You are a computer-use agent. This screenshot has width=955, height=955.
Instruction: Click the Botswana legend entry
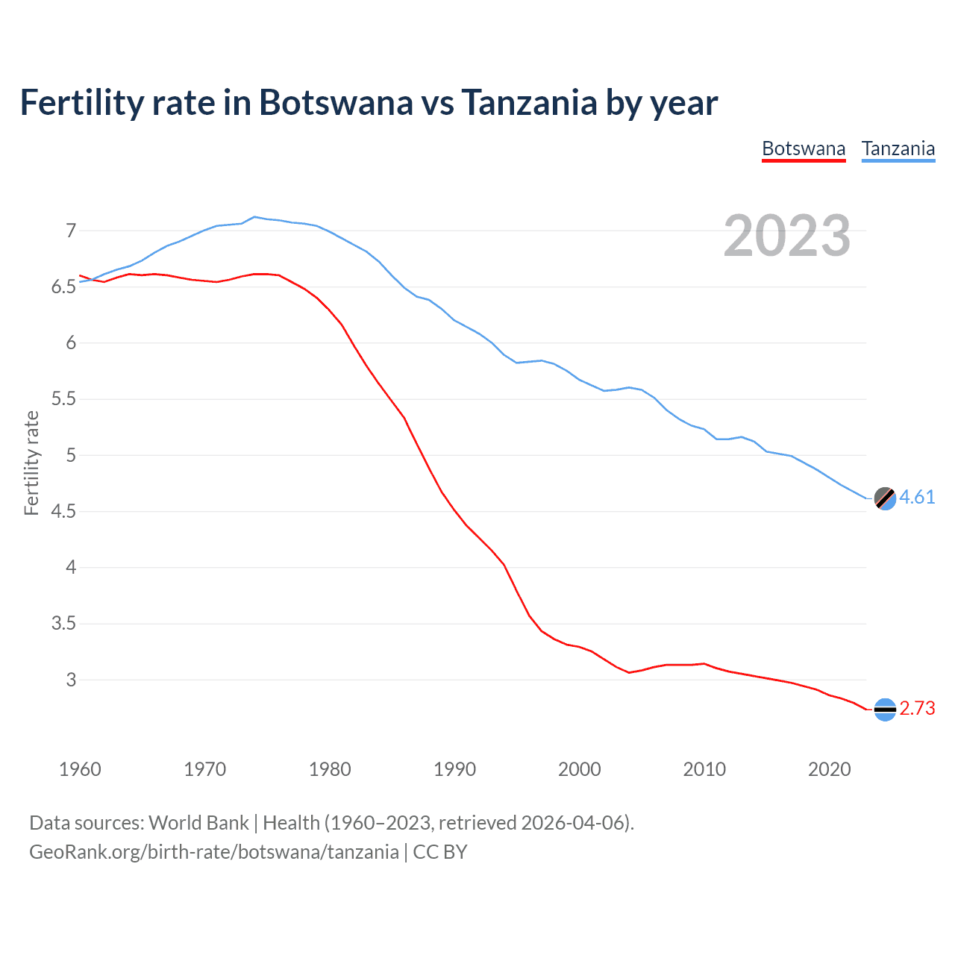[x=804, y=148]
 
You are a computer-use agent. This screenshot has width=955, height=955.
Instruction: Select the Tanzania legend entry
[x=898, y=148]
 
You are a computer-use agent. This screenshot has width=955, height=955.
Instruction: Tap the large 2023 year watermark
[x=787, y=236]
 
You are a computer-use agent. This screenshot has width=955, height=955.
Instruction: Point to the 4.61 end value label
[x=917, y=498]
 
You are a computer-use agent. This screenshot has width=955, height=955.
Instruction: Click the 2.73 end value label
[x=917, y=709]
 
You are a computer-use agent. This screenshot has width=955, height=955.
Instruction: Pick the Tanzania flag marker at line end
[x=885, y=498]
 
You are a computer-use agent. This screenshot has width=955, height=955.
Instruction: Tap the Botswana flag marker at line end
[x=885, y=710]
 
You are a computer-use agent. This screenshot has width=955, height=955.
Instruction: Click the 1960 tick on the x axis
[x=80, y=769]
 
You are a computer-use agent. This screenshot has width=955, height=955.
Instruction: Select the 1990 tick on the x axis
[x=454, y=769]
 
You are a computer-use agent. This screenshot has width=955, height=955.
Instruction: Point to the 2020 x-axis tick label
[x=829, y=769]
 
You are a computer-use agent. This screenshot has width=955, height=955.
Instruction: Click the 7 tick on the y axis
[x=71, y=231]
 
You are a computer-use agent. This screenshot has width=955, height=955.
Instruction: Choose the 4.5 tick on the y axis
[x=64, y=512]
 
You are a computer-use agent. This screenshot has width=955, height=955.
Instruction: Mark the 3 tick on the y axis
[x=71, y=680]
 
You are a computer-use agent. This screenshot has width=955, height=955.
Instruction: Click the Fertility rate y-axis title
[x=31, y=463]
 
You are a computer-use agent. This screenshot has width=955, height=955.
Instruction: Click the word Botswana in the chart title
[x=335, y=103]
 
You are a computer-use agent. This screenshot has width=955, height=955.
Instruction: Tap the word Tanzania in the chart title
[x=529, y=103]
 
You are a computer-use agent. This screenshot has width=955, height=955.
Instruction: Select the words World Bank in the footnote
[x=198, y=823]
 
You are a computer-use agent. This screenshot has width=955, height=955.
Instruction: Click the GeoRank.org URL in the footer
[x=214, y=852]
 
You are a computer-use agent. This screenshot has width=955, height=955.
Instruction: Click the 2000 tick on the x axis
[x=579, y=769]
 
